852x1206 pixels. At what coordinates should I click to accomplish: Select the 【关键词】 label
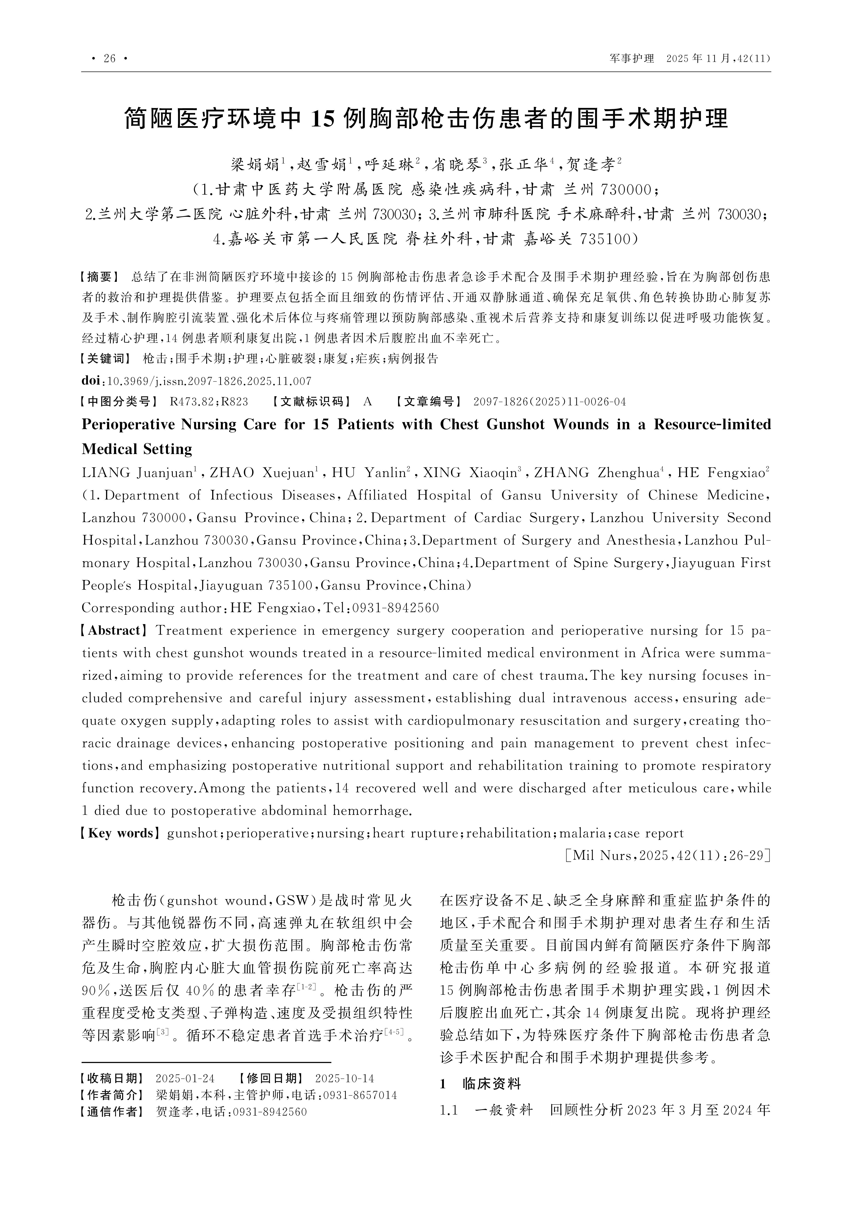pos(105,359)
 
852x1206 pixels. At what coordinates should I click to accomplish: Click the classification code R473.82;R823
pos(209,402)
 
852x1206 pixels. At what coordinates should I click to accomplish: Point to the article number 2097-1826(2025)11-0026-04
pos(549,402)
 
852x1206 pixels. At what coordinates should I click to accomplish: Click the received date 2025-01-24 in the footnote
pos(185,1079)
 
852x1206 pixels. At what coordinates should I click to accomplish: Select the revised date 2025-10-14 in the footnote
pos(344,1079)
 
